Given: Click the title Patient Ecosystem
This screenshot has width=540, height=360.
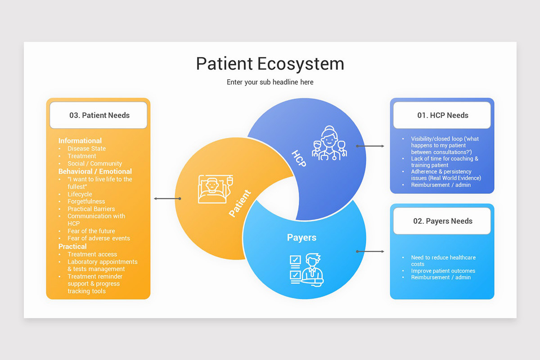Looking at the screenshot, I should (x=270, y=63).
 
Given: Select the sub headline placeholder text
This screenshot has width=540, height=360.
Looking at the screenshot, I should (x=270, y=82).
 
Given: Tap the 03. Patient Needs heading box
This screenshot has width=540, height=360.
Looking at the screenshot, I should (x=99, y=115).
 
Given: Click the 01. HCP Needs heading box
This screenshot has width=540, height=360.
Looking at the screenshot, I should (x=442, y=115).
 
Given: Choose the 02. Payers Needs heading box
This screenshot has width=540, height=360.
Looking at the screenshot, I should (x=442, y=221).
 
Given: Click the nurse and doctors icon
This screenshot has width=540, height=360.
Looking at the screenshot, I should (x=330, y=143).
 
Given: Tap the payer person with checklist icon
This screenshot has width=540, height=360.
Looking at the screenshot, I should (x=306, y=270).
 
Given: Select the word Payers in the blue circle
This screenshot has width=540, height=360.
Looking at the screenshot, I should (x=301, y=238).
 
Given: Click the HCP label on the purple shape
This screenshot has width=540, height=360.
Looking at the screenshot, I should (x=299, y=158).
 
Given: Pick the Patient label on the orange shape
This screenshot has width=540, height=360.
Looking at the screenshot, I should (x=239, y=204).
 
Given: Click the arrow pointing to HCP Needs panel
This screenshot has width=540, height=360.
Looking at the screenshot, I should (x=370, y=146).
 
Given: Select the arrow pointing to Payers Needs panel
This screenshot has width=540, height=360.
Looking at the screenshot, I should (x=370, y=252).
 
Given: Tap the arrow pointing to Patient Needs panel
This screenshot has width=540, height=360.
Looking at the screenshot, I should (x=167, y=198).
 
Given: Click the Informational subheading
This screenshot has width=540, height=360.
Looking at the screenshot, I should (x=80, y=141).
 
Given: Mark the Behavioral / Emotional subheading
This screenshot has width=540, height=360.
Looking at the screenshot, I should (x=95, y=171).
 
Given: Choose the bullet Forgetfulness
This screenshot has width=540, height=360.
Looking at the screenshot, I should (x=86, y=202).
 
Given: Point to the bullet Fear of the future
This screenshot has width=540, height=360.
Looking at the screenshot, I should (x=91, y=231).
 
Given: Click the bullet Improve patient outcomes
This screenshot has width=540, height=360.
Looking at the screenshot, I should (x=443, y=271).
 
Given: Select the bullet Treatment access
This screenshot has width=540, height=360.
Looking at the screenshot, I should (x=92, y=254).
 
